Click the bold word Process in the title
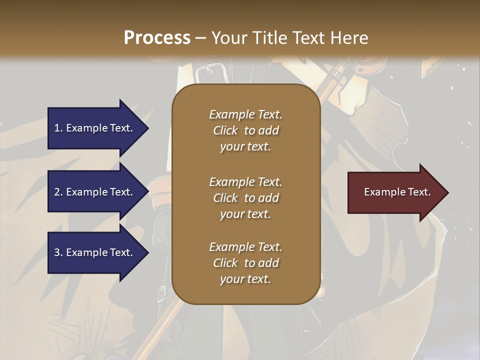point(157,38)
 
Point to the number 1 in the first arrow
point(57,128)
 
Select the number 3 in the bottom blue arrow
point(57,253)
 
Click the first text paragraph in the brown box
point(245,130)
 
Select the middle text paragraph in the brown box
point(245,198)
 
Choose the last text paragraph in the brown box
point(245,263)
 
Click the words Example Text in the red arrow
point(397,192)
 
